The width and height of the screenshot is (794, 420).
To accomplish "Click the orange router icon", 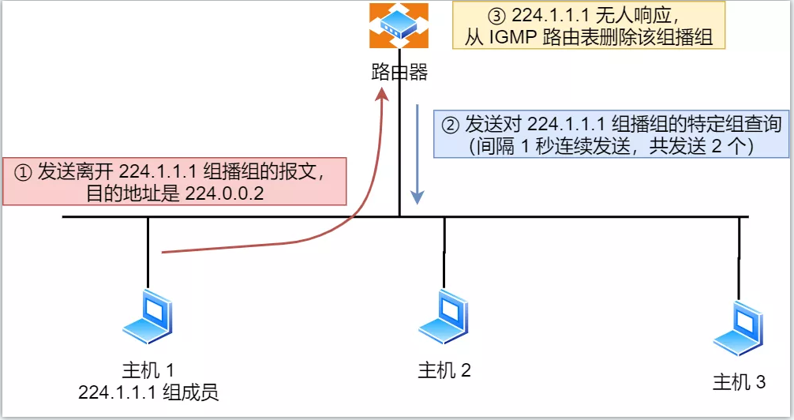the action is pyautogui.click(x=399, y=25).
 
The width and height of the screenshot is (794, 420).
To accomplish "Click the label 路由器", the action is pyautogui.click(x=399, y=73).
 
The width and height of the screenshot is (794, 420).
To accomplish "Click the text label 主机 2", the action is pyautogui.click(x=444, y=370).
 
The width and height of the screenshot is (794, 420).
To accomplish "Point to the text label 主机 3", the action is pyautogui.click(x=740, y=384).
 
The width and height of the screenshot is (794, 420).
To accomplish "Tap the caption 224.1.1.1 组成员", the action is pyautogui.click(x=148, y=392).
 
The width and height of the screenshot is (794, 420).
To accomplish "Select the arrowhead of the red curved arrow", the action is pyautogui.click(x=384, y=95).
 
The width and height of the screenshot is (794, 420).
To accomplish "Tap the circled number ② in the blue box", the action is pyautogui.click(x=449, y=125).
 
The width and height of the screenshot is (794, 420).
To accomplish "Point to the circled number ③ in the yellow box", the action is pyautogui.click(x=497, y=15).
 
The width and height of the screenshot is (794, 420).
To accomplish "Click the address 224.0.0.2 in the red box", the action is pyautogui.click(x=223, y=193).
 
